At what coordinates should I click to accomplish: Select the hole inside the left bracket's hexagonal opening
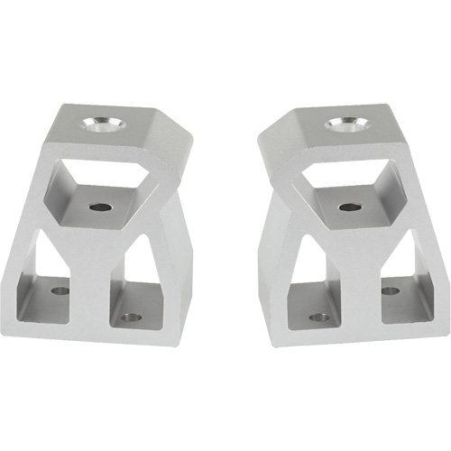coord(101,207)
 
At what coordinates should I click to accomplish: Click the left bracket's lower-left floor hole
coord(60,291)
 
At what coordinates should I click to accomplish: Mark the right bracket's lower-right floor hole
coord(390,290)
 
